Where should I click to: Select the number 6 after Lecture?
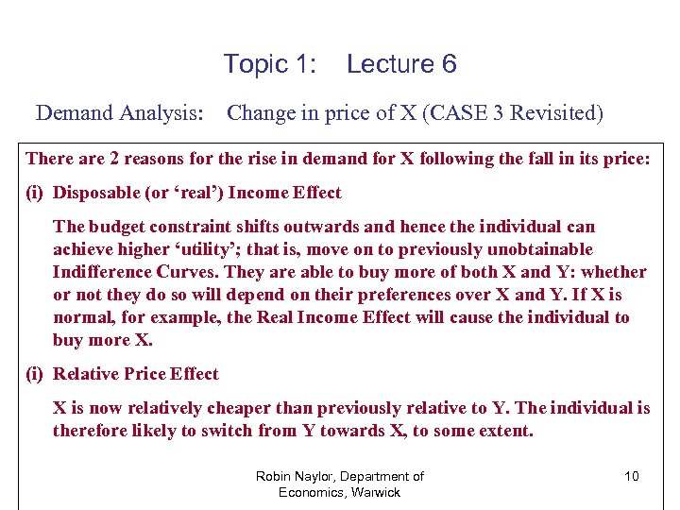click(x=448, y=64)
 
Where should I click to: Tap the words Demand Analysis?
click(x=119, y=114)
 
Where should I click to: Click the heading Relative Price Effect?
click(x=135, y=374)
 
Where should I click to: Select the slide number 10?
click(x=631, y=476)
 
